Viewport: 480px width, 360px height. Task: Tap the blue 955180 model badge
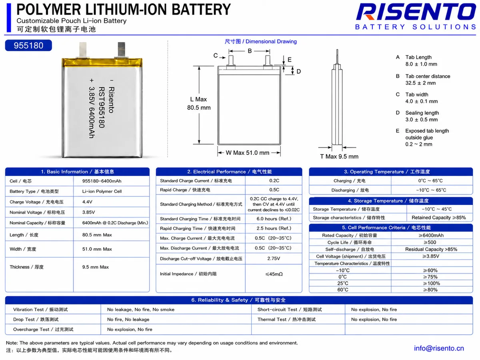coord(28,46)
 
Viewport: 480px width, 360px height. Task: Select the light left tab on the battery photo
coord(83,50)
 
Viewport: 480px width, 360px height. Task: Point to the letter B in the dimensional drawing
coord(250,51)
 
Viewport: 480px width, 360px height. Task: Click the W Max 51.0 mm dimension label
coord(247,152)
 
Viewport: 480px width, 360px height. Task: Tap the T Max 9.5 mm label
coord(339,156)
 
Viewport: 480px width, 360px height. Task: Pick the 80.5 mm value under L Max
coord(199,108)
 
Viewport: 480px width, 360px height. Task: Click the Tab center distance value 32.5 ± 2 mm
coord(420,83)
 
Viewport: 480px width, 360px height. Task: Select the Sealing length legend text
coord(422,113)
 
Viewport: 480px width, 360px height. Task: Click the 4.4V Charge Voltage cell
coord(87,202)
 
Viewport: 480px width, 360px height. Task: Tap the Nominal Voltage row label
coord(37,212)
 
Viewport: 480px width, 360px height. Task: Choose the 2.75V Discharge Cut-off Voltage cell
coord(274,258)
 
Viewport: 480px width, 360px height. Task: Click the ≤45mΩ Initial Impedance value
coord(274,274)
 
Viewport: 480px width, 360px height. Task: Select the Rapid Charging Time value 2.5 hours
coord(274,228)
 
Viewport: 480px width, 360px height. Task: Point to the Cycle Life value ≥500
coord(430,242)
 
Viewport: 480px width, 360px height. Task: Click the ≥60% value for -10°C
coord(430,270)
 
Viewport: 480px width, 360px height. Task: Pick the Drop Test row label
coord(36,319)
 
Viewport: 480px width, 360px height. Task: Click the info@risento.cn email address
coord(439,348)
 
